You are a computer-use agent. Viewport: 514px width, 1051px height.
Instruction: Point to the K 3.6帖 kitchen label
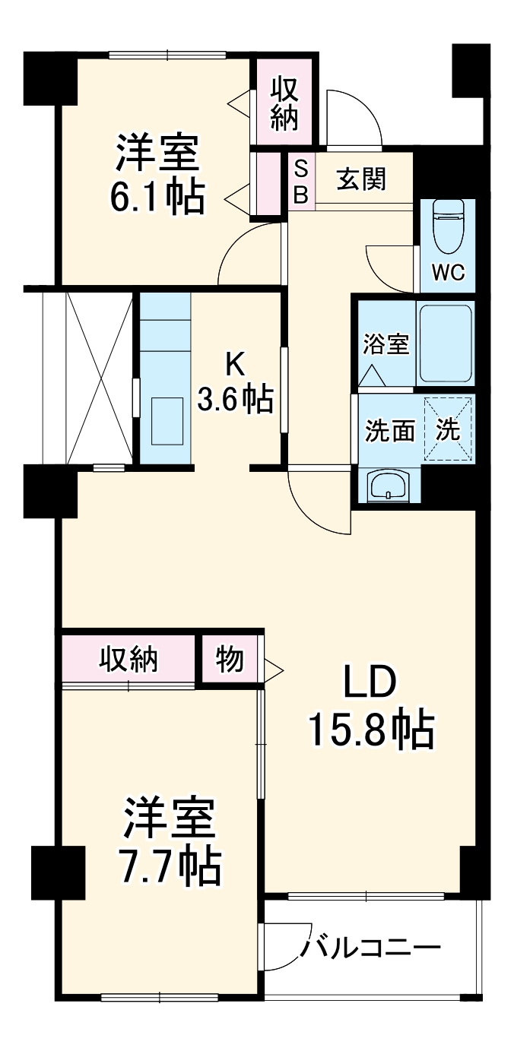(235, 385)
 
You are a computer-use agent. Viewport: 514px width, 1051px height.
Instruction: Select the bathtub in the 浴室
(446, 344)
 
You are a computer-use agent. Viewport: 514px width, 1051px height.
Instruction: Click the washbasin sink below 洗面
(388, 485)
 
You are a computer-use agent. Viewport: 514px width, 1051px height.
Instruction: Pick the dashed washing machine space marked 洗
(448, 429)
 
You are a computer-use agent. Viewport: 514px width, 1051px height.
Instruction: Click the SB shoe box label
(300, 181)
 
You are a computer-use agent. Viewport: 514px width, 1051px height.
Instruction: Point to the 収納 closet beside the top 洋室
(284, 103)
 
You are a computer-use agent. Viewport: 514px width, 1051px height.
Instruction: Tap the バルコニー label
(372, 948)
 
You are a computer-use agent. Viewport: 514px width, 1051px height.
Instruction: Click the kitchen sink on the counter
(167, 420)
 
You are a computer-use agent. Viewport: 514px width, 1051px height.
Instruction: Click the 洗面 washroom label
(390, 430)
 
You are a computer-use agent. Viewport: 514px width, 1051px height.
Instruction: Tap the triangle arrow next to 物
(273, 670)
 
